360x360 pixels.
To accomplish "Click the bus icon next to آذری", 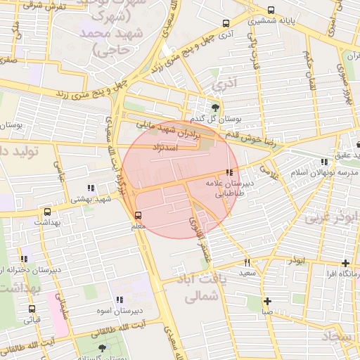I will coord(225,22).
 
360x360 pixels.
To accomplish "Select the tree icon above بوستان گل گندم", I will coord(214,108).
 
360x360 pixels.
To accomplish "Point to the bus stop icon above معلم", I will coord(137,216).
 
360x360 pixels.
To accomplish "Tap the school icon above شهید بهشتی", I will coord(90,188).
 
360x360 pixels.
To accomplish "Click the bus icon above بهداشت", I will coord(47,211).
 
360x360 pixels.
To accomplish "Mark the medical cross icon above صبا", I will coord(267,301).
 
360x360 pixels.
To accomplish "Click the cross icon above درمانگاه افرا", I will coord(345,264).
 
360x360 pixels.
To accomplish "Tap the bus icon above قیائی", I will coord(32,309).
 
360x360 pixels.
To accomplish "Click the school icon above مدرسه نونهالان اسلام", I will coord(323,161).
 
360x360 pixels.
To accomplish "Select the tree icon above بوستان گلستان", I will coord(103,348).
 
